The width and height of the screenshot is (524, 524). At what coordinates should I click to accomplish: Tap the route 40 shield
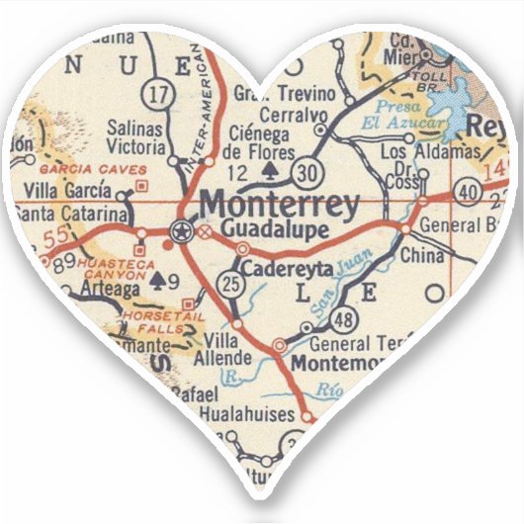(x=467, y=190)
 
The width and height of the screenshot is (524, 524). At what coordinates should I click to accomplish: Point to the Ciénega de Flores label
(x=260, y=144)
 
